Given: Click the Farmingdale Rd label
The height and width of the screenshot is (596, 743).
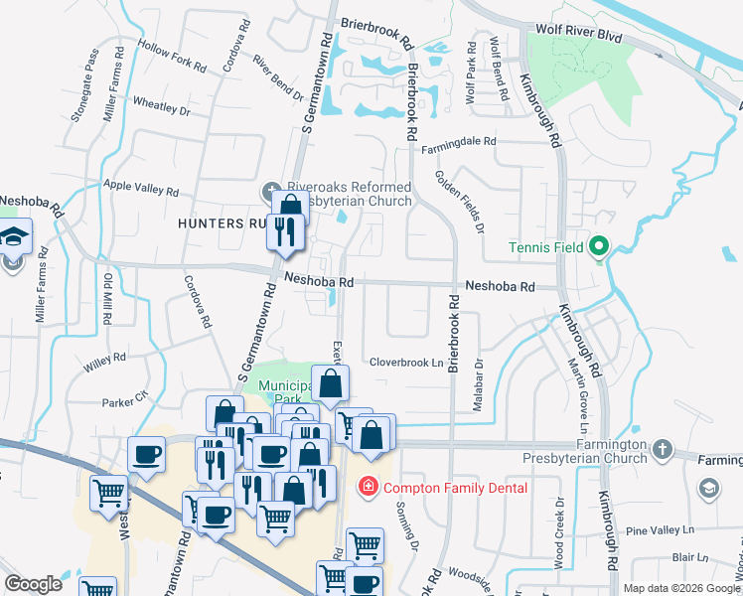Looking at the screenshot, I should tap(458, 142).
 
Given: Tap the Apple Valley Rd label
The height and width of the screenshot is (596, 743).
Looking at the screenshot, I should tap(141, 186).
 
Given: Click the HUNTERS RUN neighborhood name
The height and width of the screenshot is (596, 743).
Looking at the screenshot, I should tap(224, 223).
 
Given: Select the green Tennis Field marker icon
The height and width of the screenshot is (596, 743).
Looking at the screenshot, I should tap(599, 246).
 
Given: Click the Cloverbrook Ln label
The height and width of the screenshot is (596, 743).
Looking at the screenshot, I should tap(406, 363).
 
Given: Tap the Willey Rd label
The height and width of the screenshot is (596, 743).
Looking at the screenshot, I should tap(104, 361).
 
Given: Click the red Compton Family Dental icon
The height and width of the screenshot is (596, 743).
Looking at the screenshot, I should tap(367, 487).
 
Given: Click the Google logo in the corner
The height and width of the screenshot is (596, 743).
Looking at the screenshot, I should tap(34, 584).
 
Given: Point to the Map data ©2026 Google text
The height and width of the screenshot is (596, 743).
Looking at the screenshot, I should tap(680, 588).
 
